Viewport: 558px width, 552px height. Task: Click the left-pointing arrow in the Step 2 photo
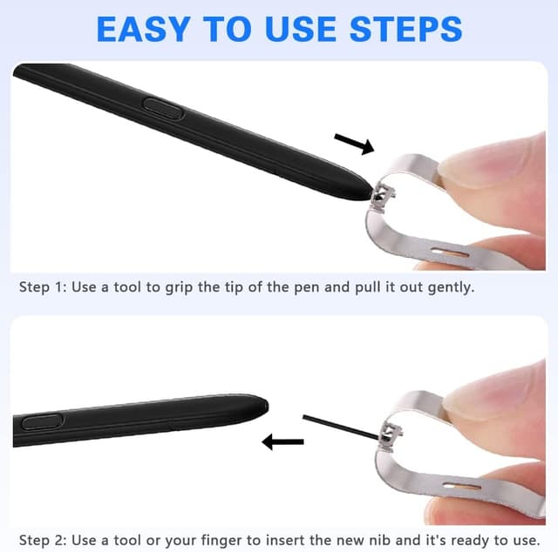(282, 442)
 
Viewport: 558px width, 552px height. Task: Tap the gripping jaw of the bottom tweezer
(391, 432)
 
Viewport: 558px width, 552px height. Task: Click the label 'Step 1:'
(44, 286)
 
